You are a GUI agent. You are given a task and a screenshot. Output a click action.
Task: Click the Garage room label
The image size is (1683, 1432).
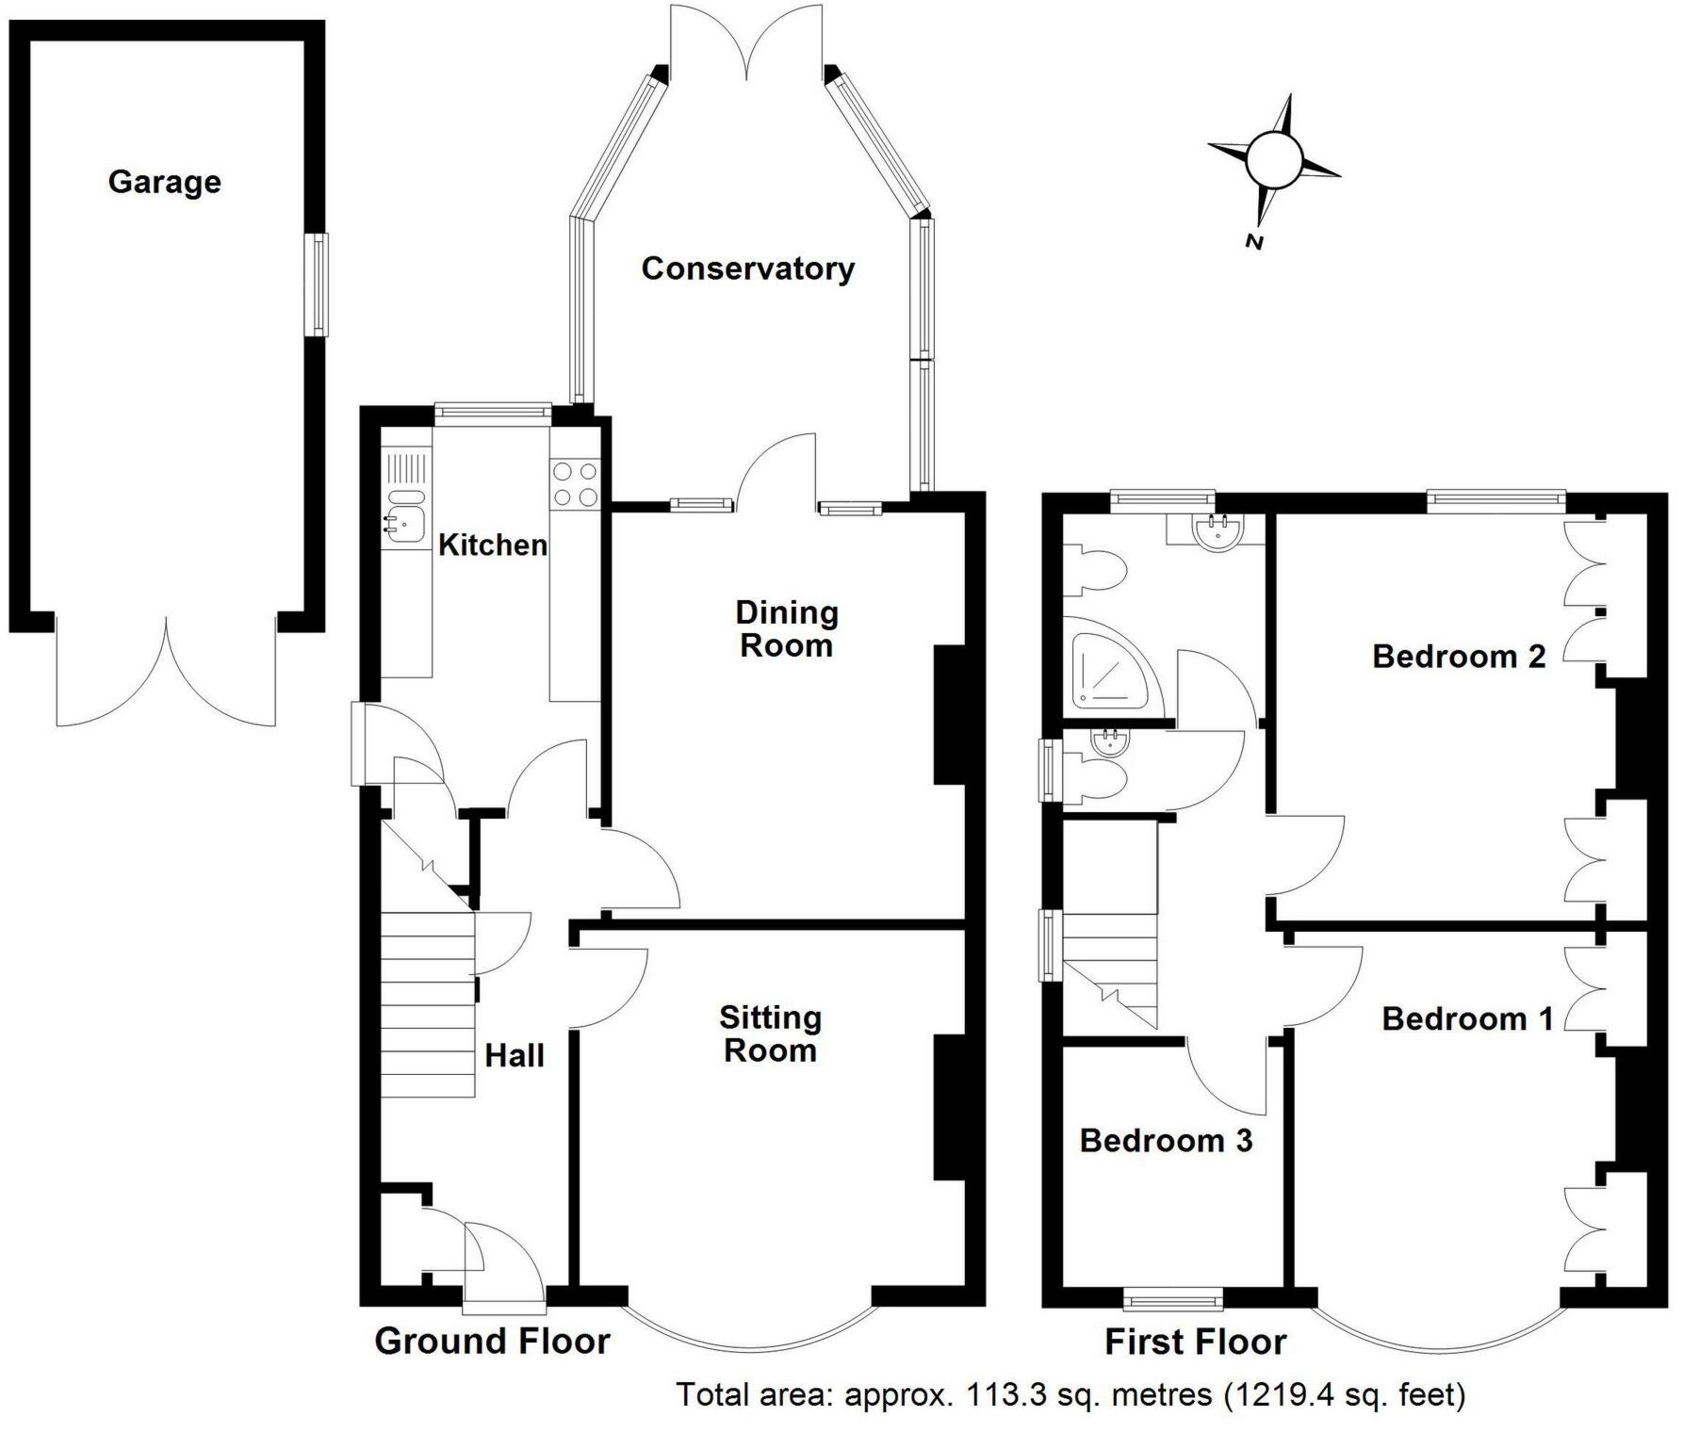(x=165, y=181)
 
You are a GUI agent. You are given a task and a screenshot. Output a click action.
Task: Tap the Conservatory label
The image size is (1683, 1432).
(x=748, y=268)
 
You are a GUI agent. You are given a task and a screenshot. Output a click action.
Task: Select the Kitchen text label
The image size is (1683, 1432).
(x=493, y=545)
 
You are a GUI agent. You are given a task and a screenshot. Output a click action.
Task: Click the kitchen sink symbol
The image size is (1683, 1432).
(x=406, y=519)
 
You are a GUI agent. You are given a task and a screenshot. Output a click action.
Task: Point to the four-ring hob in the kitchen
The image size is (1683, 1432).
(x=575, y=483)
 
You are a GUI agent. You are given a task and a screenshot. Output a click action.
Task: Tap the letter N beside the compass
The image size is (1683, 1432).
(x=1254, y=241)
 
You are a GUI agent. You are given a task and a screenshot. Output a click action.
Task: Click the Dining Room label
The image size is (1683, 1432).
(x=787, y=629)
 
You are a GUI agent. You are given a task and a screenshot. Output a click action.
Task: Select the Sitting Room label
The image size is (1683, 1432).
(x=771, y=1033)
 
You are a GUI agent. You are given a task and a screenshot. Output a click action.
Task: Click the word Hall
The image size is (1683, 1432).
(x=515, y=1055)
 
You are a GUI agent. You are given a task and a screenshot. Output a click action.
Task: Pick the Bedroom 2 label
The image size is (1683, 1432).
(x=1459, y=656)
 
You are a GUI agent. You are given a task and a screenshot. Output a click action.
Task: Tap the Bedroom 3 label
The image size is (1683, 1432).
(x=1167, y=1140)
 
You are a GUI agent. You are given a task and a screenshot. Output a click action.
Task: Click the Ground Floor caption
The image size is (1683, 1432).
(x=493, y=1341)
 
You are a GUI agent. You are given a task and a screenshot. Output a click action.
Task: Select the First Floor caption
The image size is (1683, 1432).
(x=1196, y=1342)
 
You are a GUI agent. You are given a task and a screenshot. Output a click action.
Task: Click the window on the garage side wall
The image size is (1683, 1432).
(x=320, y=284)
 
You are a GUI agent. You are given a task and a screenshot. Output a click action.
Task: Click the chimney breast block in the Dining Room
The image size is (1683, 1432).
(x=950, y=715)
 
